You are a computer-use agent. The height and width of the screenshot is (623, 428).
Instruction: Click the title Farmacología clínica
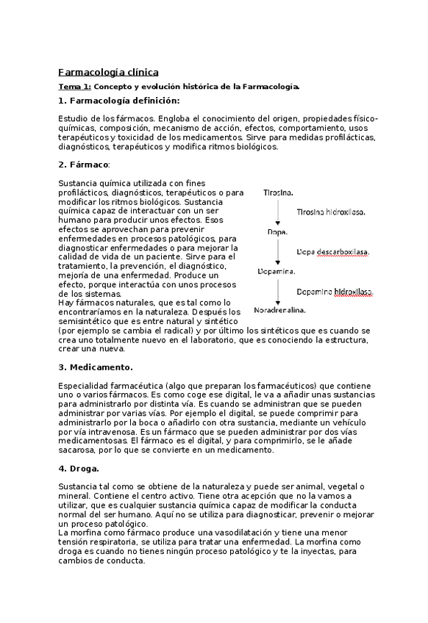click(107, 72)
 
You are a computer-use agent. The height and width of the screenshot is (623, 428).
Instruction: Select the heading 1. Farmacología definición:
click(118, 101)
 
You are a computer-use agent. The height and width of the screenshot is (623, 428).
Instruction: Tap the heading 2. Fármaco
click(83, 164)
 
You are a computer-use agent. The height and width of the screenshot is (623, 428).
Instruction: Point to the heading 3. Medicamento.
click(96, 366)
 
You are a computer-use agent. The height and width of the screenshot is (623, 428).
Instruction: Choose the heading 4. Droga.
click(78, 468)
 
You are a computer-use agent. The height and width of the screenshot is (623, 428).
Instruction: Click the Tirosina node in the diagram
click(278, 192)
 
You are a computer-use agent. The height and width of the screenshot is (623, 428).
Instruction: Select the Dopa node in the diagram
click(277, 231)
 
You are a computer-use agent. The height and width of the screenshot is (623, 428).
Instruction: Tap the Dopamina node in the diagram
click(277, 271)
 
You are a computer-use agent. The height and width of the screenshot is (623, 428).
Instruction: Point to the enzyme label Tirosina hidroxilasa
click(331, 212)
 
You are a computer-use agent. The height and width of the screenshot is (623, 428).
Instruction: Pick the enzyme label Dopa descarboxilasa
click(332, 251)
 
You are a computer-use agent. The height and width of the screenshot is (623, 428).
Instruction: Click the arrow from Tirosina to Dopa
click(277, 212)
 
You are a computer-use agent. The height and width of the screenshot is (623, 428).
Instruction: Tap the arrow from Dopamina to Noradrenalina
click(277, 291)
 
